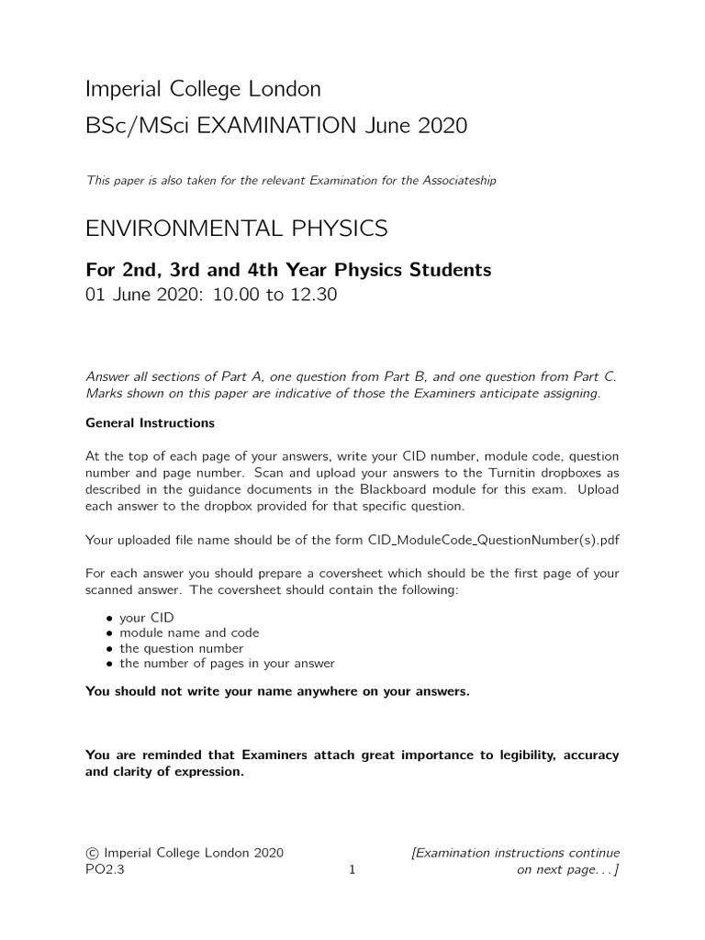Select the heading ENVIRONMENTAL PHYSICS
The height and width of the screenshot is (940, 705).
point(236,228)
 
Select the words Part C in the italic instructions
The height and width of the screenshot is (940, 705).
point(598,377)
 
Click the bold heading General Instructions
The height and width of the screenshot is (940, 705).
point(150,423)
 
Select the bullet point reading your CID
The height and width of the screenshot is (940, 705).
point(146,618)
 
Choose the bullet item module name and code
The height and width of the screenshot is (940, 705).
point(189,632)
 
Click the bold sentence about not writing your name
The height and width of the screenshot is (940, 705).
point(276,691)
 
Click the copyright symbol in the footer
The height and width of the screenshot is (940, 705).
point(91,853)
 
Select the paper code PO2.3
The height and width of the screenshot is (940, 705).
point(104,869)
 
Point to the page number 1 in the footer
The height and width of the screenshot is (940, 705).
point(352,869)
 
